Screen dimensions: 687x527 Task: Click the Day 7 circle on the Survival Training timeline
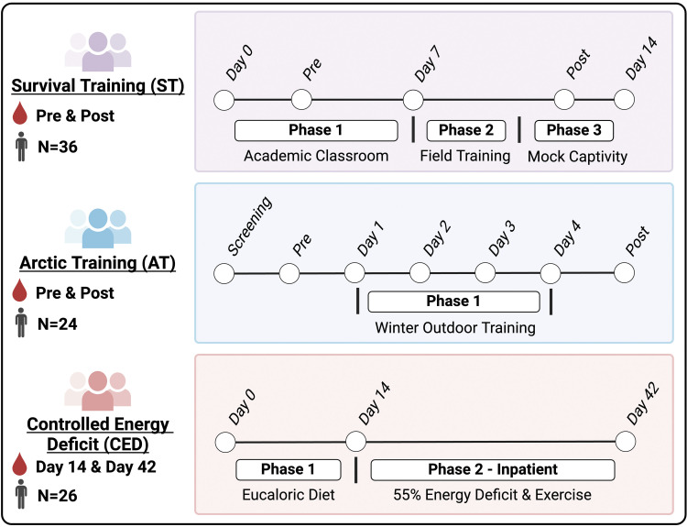coord(413,100)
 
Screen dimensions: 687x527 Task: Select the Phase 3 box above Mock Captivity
coord(573,130)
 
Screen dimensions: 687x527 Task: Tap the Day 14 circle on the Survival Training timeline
coord(625,100)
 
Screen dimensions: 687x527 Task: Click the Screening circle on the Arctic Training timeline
coord(223,273)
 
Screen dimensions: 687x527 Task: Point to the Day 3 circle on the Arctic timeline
coord(485,273)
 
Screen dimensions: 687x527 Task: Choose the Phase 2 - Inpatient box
coord(492,470)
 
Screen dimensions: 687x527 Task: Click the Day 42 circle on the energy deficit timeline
coord(626,443)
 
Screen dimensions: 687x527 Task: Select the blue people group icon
coord(97,228)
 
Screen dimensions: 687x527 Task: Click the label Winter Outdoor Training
coord(455,327)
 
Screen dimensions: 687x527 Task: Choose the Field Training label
coord(465,156)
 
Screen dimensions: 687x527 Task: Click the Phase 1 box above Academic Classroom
coord(316,130)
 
